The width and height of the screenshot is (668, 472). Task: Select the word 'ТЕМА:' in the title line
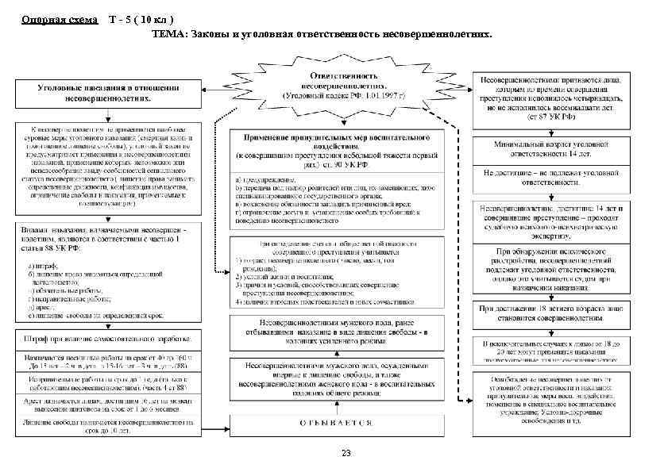tap(170, 36)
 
